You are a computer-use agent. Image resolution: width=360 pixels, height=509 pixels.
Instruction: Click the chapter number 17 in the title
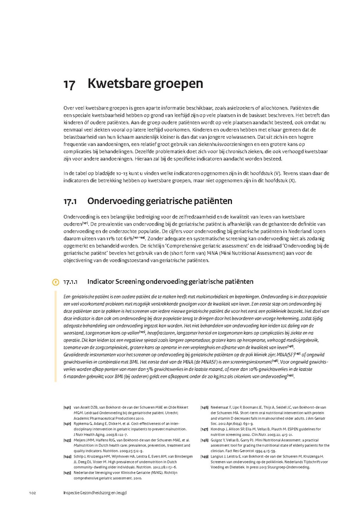pos(69,84)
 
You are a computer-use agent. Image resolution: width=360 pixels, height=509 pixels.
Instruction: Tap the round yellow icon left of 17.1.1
pos(56,282)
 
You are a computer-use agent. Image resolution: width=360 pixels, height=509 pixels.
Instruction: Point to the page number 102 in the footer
pos(33,493)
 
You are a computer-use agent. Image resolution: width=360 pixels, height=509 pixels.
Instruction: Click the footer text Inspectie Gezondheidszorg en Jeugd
pos(95,493)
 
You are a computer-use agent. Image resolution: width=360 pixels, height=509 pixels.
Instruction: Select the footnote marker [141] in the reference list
pos(67,407)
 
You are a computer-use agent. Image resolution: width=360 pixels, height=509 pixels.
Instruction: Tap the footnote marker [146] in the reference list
pos(204,407)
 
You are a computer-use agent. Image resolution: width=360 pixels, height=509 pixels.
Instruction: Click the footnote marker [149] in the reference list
pos(204,456)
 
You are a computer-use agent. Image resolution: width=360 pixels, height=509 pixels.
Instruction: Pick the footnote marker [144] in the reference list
pos(67,456)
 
